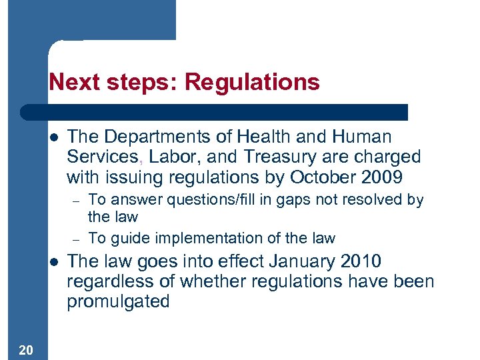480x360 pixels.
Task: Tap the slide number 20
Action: [x=22, y=350]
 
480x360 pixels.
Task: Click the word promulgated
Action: [x=118, y=301]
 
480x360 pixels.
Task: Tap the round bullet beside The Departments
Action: [x=54, y=137]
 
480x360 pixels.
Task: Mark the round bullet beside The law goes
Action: [x=54, y=261]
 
